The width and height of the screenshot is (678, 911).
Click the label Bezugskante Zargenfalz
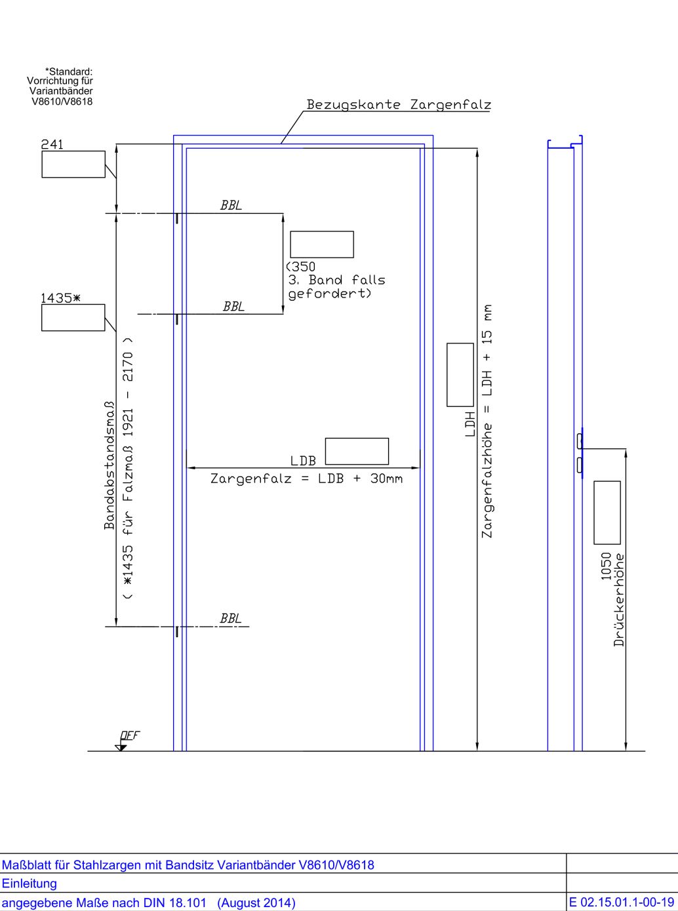399,104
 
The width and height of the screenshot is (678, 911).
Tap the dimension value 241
52,144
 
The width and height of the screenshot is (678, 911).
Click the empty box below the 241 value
73,165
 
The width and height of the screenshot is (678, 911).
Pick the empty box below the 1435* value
73,318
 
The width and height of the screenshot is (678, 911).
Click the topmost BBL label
231,205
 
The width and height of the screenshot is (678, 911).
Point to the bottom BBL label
231,618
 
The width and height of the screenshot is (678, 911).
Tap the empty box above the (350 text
322,244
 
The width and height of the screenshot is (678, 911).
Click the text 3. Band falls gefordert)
336,286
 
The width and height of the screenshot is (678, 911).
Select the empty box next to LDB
357,452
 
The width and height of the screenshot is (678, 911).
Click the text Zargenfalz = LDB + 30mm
306,478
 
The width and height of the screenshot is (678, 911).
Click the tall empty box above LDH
460,375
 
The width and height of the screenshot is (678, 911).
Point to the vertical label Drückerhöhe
619,600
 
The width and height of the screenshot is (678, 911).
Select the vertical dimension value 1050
606,566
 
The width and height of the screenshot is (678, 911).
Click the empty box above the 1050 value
607,513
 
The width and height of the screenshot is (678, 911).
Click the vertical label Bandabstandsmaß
110,465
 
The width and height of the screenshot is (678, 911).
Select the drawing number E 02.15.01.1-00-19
622,902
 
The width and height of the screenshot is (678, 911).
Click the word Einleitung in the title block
30,883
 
